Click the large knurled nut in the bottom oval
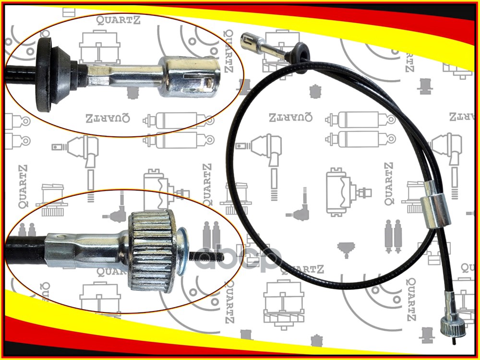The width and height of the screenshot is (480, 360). pyautogui.click(x=152, y=252)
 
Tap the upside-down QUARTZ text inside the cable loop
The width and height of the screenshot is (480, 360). pyautogui.click(x=290, y=117)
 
